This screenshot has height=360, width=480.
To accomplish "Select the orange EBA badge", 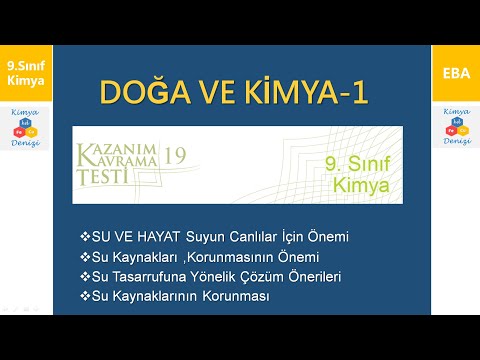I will coord(455,73).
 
